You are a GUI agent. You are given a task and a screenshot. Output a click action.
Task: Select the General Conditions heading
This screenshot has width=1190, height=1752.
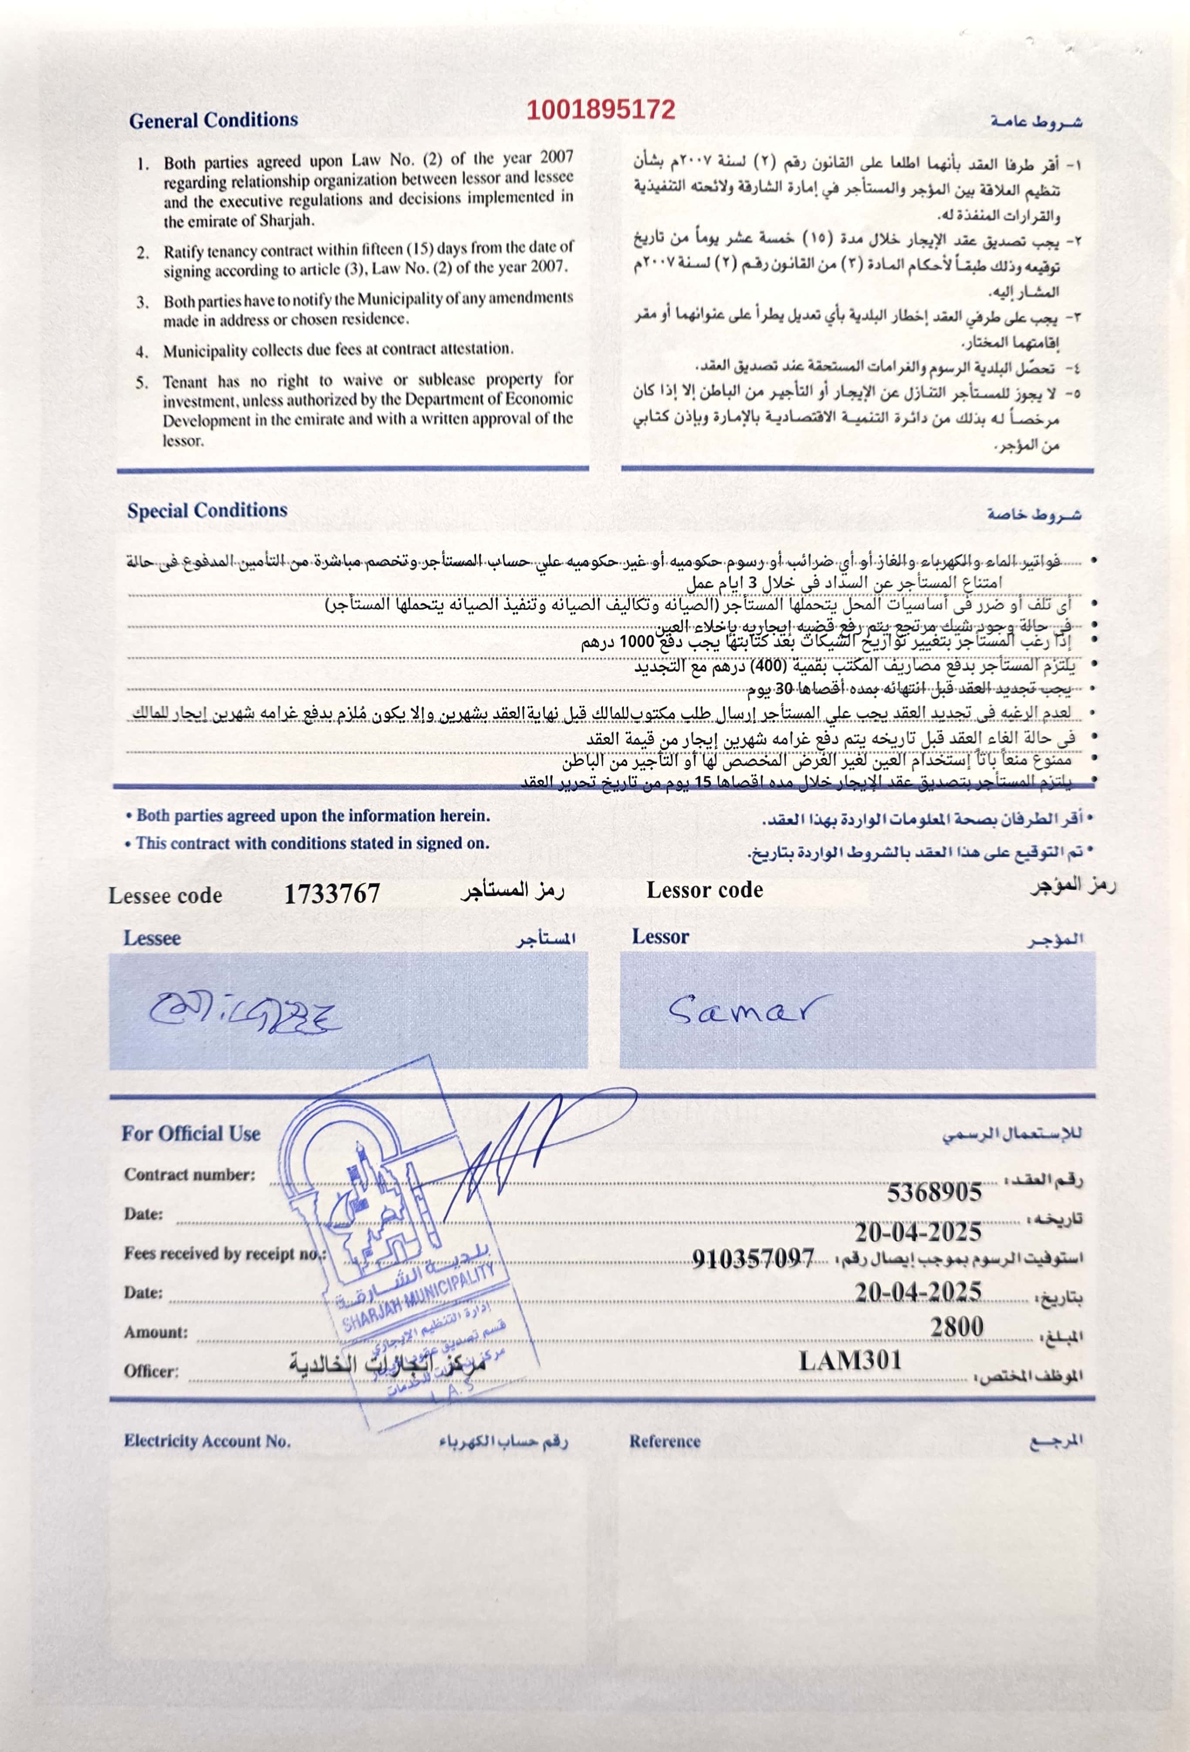point(213,121)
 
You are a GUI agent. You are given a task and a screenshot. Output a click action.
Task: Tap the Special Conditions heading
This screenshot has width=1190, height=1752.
point(207,510)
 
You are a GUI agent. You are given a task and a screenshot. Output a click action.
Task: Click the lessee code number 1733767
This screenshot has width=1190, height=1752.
point(332,894)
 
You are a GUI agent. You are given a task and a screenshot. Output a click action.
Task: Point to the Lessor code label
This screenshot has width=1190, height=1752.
point(704,890)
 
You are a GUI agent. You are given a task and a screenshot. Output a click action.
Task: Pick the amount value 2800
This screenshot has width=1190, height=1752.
point(956,1326)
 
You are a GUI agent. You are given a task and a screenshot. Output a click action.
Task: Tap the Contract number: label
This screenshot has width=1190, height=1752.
point(190,1175)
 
